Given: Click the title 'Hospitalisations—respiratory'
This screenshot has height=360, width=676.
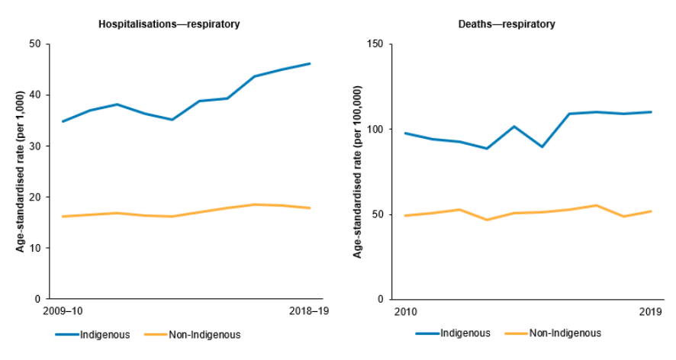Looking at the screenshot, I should coord(169,24).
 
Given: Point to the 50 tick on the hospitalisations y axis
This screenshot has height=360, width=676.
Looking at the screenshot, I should coord(34,44).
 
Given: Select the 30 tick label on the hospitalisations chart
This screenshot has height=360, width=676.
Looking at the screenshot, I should coord(34,146).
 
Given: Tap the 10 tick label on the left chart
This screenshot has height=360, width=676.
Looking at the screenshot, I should coord(34,248).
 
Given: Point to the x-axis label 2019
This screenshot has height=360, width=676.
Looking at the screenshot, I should coord(650,311).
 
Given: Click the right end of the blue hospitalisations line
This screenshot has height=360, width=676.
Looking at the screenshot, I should coord(310,63).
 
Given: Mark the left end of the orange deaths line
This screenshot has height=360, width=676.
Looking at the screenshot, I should coord(404,216).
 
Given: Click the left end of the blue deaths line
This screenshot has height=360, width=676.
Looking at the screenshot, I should coord(404,133).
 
